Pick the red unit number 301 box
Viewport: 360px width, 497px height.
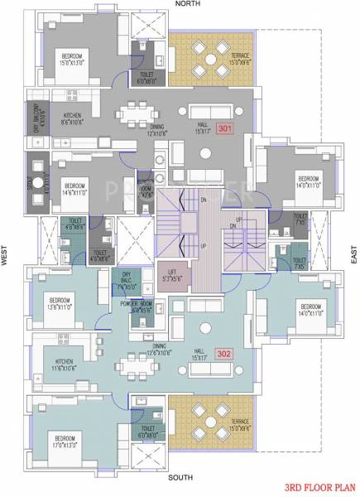[225, 128]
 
